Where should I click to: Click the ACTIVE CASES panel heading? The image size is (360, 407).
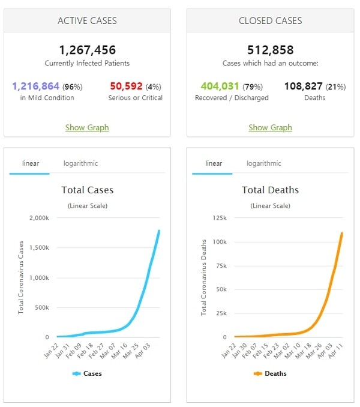(87, 21)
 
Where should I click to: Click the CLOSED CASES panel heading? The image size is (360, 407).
(270, 21)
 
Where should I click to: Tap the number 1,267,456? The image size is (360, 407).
(87, 50)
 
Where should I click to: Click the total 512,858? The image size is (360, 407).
(270, 50)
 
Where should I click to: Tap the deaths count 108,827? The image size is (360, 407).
(301, 86)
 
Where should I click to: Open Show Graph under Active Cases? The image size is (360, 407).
(87, 127)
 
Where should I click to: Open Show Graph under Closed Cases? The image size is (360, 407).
(270, 127)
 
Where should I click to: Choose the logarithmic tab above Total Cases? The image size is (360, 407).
(80, 163)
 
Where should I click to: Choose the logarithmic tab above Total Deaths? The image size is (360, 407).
(263, 163)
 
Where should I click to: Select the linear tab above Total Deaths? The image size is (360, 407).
(214, 163)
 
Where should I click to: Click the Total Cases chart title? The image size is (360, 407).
(87, 190)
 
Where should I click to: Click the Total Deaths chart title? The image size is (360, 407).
(270, 190)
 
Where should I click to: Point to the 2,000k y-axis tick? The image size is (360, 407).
(40, 218)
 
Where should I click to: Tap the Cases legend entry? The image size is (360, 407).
(87, 373)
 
